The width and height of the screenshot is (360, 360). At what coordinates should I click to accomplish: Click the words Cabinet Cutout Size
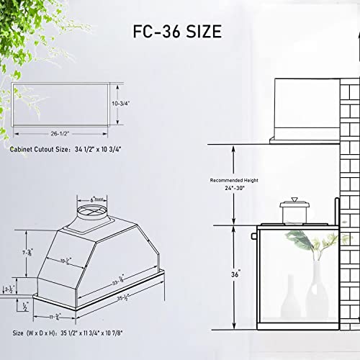coord(40,150)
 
